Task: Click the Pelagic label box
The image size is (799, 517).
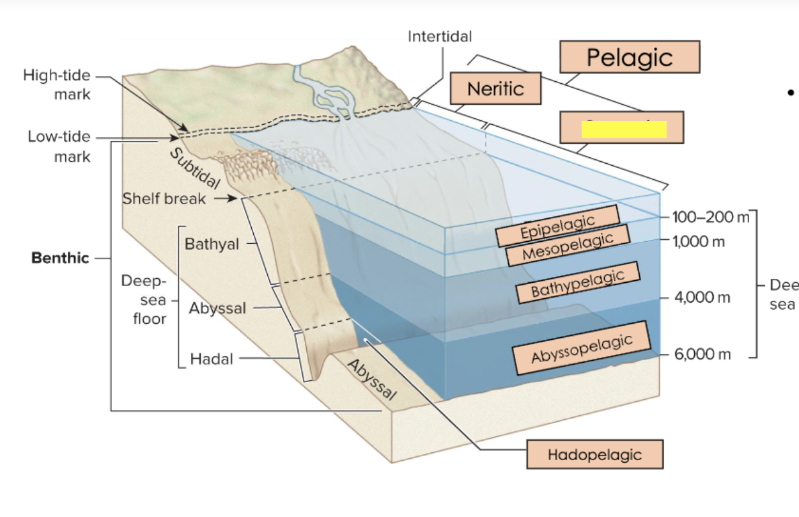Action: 630,57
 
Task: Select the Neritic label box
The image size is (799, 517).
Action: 495,88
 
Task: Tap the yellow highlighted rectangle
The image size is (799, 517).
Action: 623,130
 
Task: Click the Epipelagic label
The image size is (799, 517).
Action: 557,226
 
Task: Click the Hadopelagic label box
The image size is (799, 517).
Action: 594,455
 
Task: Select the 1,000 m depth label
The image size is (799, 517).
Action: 698,242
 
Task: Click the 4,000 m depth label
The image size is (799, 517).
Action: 701,298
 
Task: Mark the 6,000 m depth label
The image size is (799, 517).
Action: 701,354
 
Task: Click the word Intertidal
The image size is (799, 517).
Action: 440,36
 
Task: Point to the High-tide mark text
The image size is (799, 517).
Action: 58,84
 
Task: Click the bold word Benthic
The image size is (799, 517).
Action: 60,258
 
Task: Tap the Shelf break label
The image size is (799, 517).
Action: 164,198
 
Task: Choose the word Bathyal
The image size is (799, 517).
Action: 212,244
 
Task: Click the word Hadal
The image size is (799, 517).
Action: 212,360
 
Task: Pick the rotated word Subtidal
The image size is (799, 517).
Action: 195,168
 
